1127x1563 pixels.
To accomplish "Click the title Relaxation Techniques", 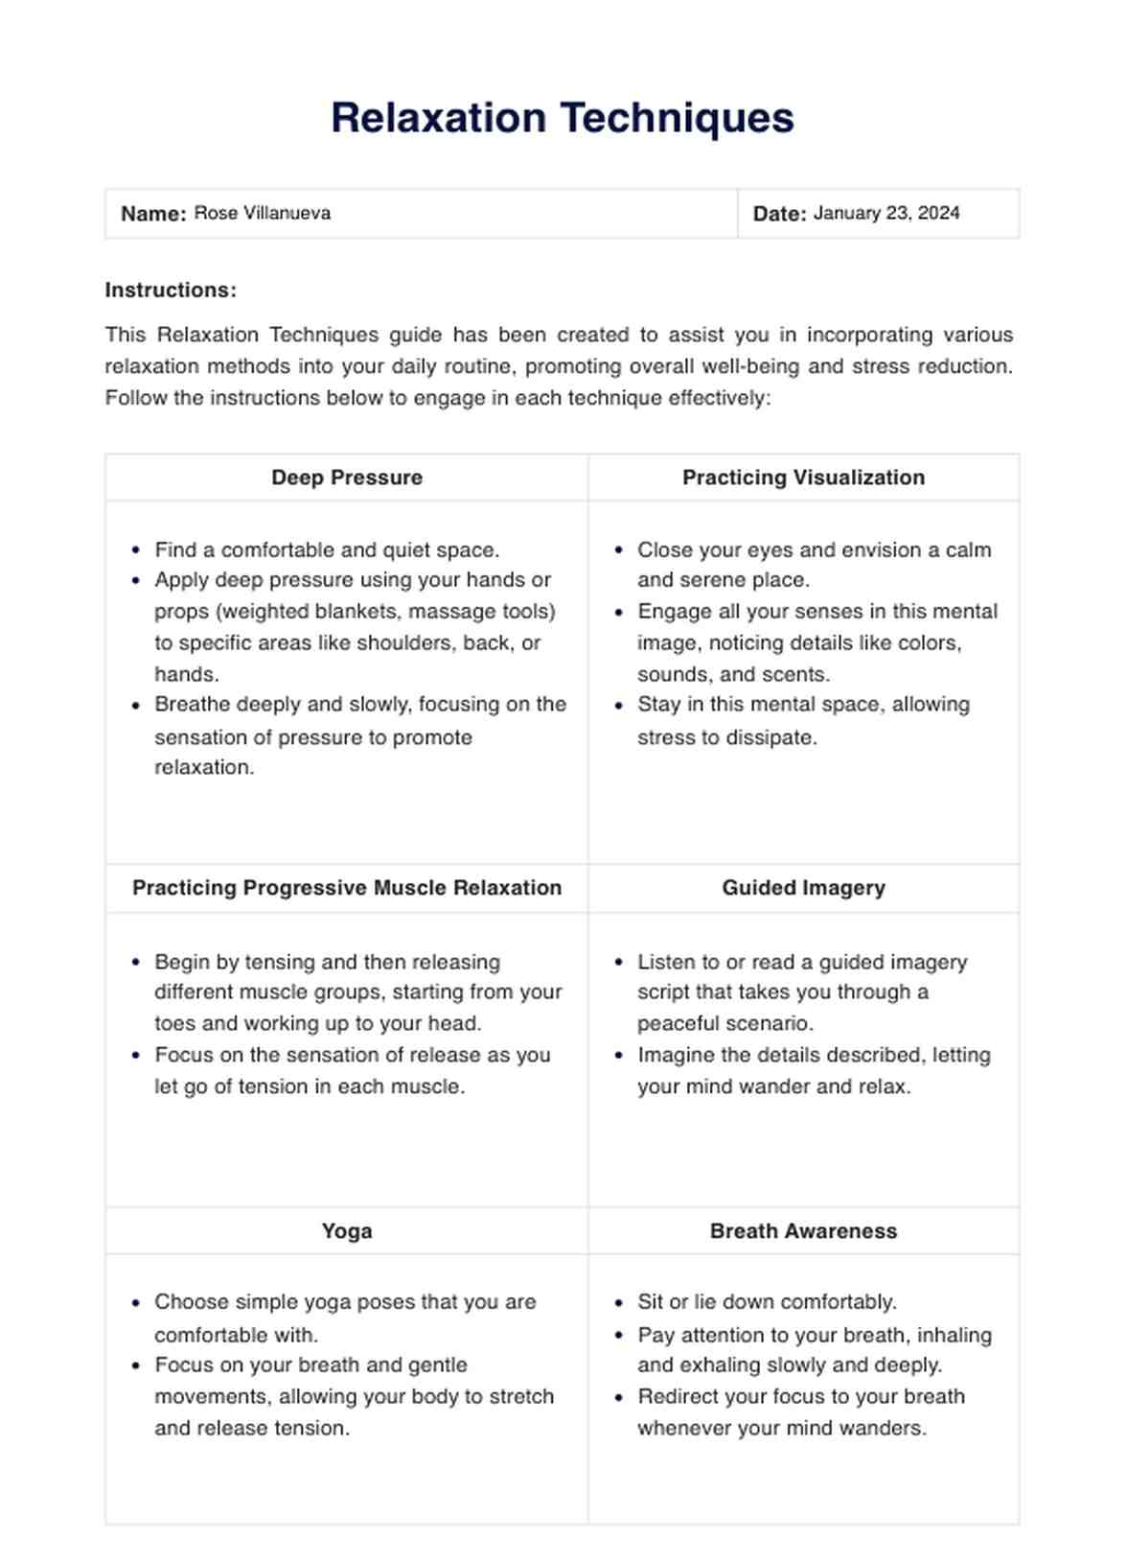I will pyautogui.click(x=563, y=118).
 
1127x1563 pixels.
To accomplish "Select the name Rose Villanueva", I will pyautogui.click(x=262, y=213).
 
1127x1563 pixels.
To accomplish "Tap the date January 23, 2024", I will pyautogui.click(x=885, y=213).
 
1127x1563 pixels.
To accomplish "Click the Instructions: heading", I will pyautogui.click(x=171, y=290).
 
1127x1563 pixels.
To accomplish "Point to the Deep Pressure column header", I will pyautogui.click(x=347, y=478).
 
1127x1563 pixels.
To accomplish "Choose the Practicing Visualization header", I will pyautogui.click(x=803, y=478).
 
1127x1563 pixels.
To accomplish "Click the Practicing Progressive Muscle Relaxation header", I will pyautogui.click(x=347, y=888).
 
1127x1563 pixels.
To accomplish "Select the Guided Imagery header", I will pyautogui.click(x=803, y=888).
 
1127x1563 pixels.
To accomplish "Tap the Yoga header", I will pyautogui.click(x=347, y=1231).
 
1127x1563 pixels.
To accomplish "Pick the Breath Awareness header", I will pyautogui.click(x=803, y=1231).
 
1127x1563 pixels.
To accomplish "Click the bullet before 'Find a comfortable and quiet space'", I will pyautogui.click(x=136, y=550).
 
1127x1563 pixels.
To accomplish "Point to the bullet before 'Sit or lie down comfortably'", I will pyautogui.click(x=619, y=1302).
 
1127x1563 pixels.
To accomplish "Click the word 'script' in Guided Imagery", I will pyautogui.click(x=663, y=992).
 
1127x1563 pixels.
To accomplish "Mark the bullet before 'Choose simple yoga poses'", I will pyautogui.click(x=136, y=1302).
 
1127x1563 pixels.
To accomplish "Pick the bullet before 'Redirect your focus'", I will pyautogui.click(x=619, y=1397).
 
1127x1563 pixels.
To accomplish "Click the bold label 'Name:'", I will pyautogui.click(x=153, y=214).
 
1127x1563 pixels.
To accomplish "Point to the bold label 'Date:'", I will pyautogui.click(x=779, y=214).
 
